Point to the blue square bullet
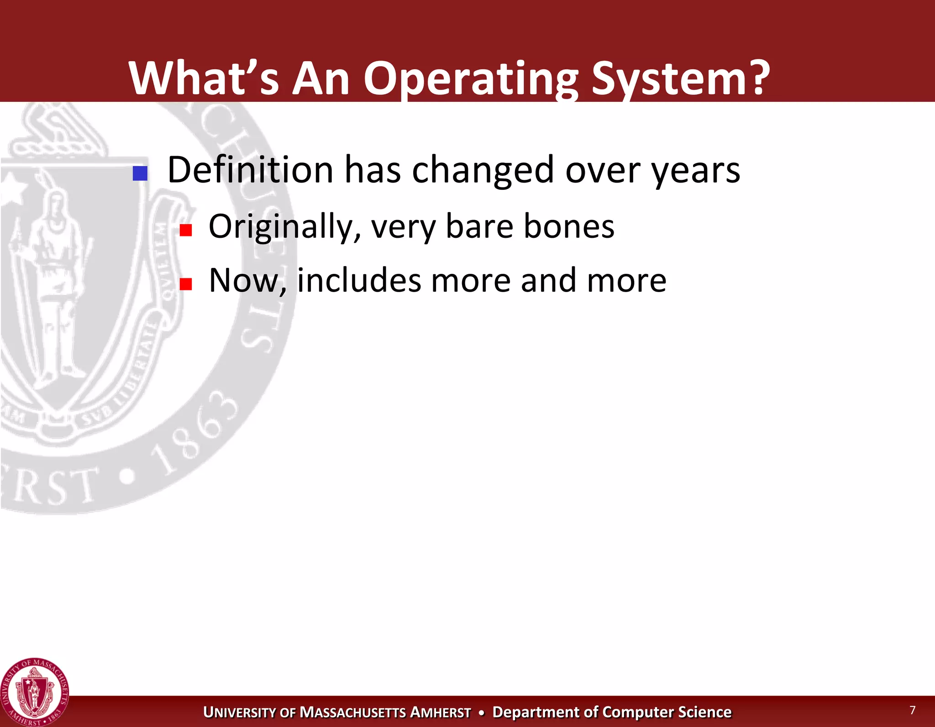tap(140, 173)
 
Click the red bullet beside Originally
tap(185, 230)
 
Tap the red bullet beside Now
tap(185, 284)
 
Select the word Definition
tap(250, 170)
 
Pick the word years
tap(695, 172)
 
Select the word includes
tap(359, 280)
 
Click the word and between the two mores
tap(548, 280)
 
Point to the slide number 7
tap(912, 710)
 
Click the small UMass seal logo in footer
tap(35, 693)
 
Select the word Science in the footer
tap(704, 712)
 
